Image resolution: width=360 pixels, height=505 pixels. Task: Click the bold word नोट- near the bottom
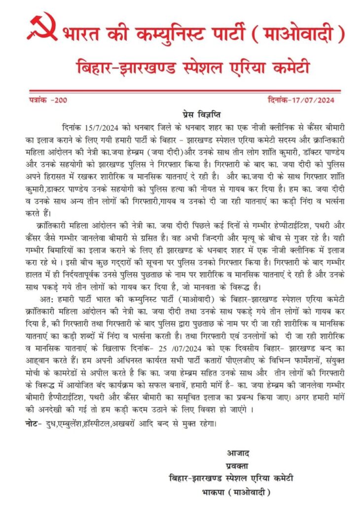(x=34, y=424)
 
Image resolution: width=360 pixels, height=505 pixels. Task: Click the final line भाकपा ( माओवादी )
(x=237, y=492)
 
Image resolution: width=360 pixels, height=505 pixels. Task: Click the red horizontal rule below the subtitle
(x=180, y=92)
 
